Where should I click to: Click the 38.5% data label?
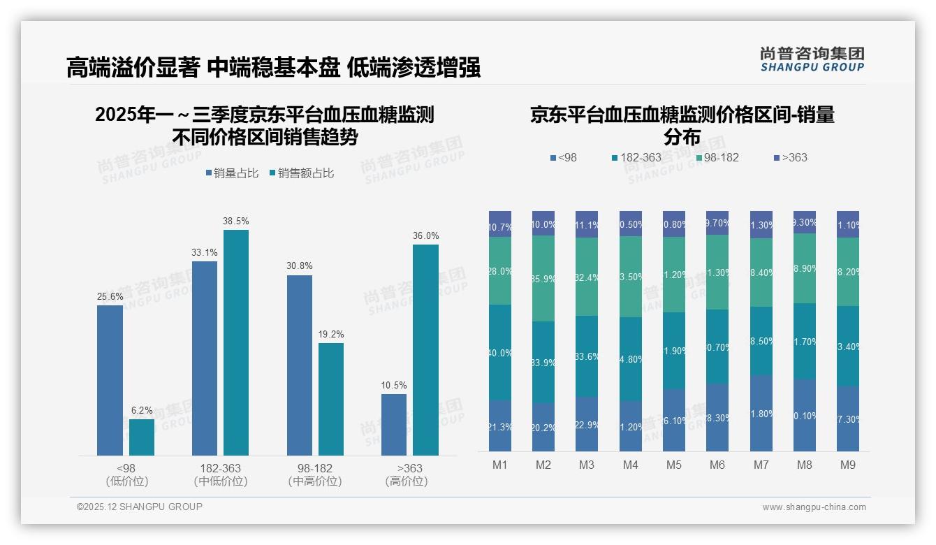click(x=235, y=221)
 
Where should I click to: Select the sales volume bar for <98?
click(x=110, y=381)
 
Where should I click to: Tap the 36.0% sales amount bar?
click(x=425, y=349)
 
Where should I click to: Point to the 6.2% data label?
click(x=142, y=411)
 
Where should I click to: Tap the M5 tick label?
click(x=674, y=465)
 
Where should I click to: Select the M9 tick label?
click(x=847, y=465)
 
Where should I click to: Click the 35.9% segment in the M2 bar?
click(x=543, y=279)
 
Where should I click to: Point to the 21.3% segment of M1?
click(x=500, y=426)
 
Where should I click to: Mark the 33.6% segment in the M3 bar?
click(x=587, y=356)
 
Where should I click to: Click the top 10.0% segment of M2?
click(x=543, y=224)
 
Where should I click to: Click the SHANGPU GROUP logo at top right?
click(x=812, y=59)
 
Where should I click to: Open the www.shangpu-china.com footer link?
click(x=814, y=507)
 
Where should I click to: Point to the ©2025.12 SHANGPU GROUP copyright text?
click(x=140, y=507)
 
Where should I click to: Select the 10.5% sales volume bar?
click(x=394, y=425)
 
